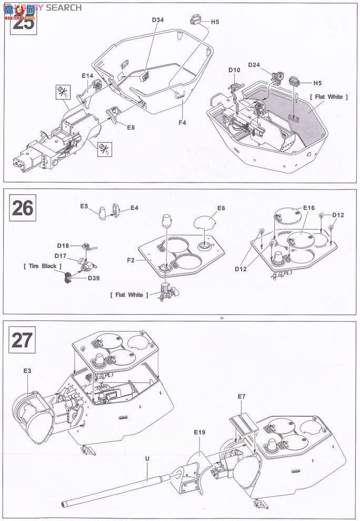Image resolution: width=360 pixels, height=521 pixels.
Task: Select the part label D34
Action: [x=158, y=20]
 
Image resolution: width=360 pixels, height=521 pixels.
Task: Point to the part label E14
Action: [x=87, y=76]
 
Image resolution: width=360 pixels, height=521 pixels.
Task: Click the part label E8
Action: [x=131, y=127]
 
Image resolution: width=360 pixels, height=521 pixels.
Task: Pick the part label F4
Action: [x=182, y=123]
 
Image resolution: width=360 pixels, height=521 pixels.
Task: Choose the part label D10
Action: [x=234, y=70]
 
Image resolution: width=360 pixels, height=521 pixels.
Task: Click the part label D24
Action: [x=254, y=65]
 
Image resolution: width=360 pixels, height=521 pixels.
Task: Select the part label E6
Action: [x=221, y=208]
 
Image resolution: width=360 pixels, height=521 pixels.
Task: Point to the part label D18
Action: [x=63, y=245]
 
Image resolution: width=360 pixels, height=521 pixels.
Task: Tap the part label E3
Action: [x=27, y=371]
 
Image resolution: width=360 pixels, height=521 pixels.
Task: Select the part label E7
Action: [x=242, y=396]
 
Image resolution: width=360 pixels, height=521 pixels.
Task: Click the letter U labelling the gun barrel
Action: [x=147, y=458]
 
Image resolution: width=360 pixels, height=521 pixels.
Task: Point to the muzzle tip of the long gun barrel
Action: [x=64, y=503]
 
